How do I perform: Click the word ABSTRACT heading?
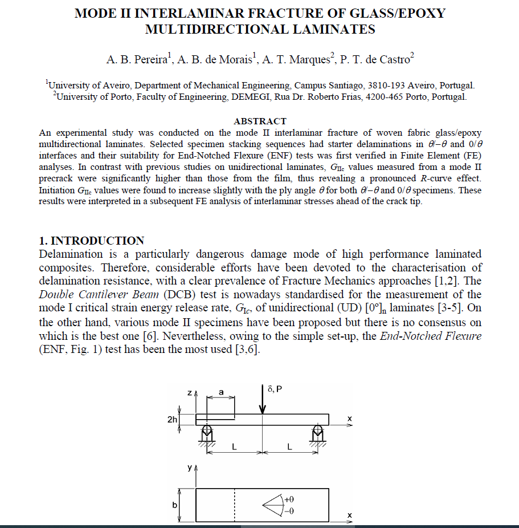coord(260,121)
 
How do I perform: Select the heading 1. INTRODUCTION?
coord(91,241)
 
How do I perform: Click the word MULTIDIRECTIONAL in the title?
coord(216,30)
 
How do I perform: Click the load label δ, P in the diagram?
coord(274,389)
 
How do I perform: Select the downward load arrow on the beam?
coord(262,401)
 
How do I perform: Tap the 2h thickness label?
coord(171,420)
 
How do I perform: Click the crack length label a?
coord(221,393)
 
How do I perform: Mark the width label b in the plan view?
coord(175,505)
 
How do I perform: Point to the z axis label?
coord(189,393)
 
